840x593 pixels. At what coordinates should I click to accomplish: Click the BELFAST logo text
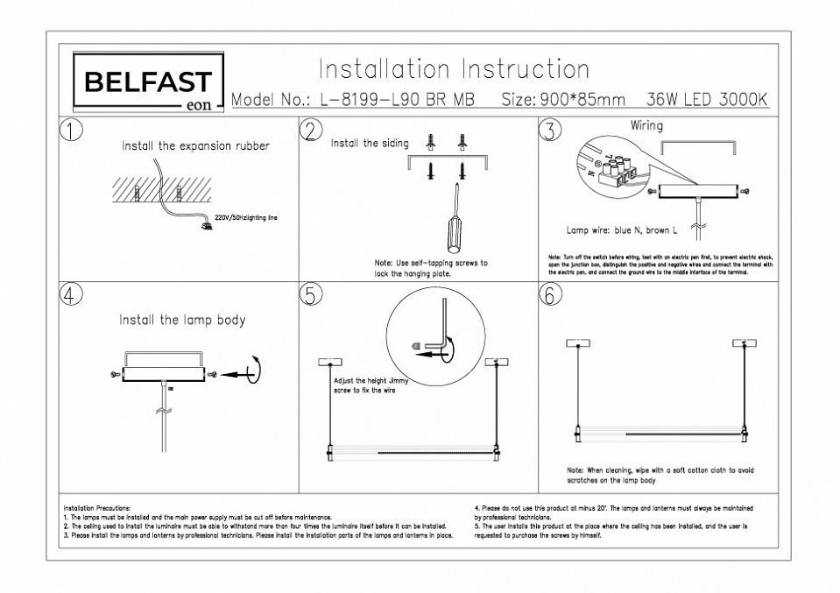[x=147, y=81]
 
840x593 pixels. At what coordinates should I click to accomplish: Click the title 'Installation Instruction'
[x=453, y=68]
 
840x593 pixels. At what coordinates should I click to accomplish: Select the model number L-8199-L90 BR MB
[x=398, y=100]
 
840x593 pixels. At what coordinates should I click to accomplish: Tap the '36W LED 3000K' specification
[x=706, y=100]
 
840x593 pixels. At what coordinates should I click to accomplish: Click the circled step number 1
[x=72, y=130]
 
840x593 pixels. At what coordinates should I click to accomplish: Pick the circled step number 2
[x=310, y=130]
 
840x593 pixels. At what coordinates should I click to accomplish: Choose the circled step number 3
[x=549, y=131]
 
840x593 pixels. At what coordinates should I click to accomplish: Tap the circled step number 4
[x=72, y=294]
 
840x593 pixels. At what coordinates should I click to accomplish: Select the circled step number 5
[x=310, y=295]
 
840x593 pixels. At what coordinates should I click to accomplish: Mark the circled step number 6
[x=549, y=295]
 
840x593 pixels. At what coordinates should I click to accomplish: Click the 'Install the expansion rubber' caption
[x=195, y=146]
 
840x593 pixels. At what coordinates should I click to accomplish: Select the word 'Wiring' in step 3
[x=646, y=125]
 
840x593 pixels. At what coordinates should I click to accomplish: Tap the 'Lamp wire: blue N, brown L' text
[x=622, y=230]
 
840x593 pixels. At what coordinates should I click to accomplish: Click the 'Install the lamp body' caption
[x=182, y=321]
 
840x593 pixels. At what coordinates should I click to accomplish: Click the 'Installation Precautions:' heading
[x=96, y=508]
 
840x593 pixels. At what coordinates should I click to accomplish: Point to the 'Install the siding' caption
[x=369, y=143]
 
